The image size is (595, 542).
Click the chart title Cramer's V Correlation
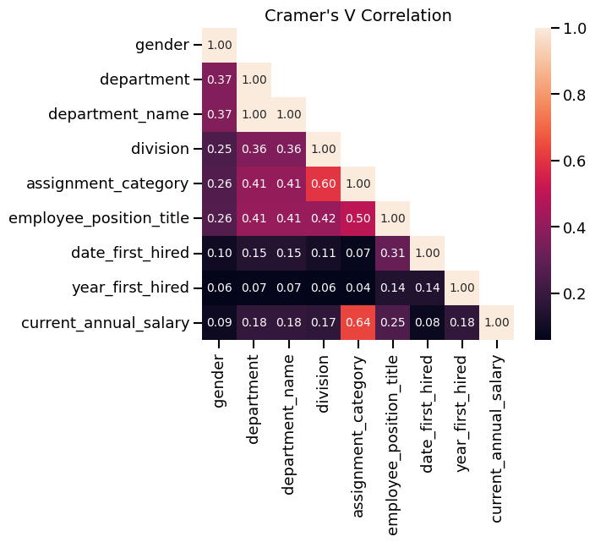coord(358,15)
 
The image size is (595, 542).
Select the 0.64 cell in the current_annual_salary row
coord(358,322)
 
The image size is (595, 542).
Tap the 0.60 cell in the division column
coord(323,183)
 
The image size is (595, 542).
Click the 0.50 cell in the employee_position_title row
coord(358,218)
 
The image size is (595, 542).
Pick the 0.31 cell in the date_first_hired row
coord(392,253)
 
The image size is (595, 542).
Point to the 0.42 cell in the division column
coord(323,218)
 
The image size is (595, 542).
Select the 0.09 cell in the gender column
coord(219,322)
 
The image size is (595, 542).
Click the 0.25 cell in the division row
coord(219,149)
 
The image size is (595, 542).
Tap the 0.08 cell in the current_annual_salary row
coord(427,322)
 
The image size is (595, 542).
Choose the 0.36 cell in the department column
coord(254,149)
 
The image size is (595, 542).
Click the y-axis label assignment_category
coord(107,183)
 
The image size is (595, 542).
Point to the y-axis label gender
coord(161,45)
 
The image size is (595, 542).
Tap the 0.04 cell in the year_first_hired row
coord(358,287)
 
